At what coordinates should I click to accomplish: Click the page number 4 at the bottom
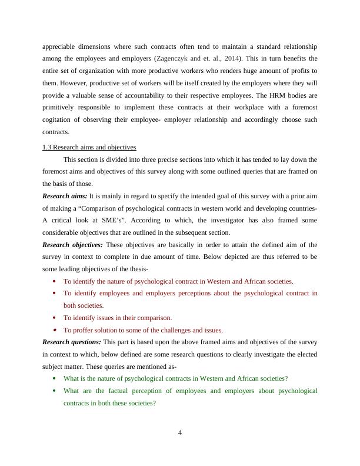180,434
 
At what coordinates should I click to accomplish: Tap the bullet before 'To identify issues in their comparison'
55,318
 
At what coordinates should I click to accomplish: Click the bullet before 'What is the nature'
55,378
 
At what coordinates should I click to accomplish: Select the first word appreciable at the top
62,46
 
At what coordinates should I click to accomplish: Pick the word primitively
62,108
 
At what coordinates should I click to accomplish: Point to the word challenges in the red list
172,330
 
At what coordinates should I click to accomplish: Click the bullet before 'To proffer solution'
55,330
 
